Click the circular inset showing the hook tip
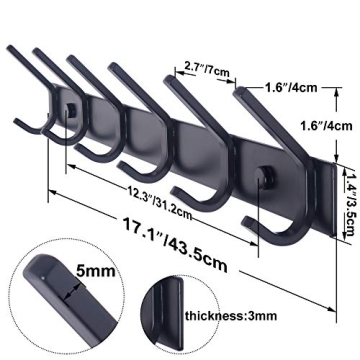54,301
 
